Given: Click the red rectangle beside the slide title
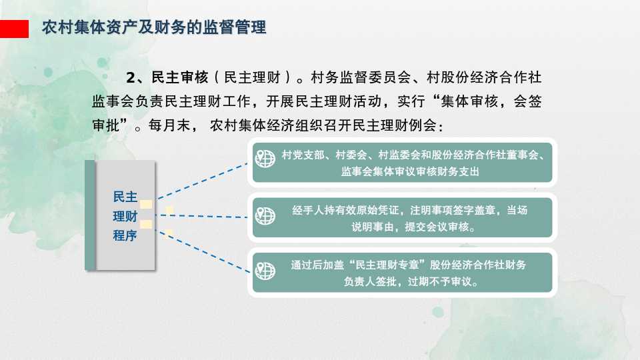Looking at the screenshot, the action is point(14,29).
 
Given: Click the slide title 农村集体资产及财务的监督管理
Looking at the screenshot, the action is point(154,27).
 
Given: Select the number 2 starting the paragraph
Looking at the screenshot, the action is point(130,77).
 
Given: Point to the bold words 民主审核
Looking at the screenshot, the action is point(179,77).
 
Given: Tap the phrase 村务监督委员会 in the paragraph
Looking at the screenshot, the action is point(361,77).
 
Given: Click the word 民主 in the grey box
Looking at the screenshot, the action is point(125,197).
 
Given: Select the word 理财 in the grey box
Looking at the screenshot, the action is point(125,216).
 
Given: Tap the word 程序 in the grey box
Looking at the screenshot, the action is point(125,235).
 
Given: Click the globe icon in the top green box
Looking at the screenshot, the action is point(265,159).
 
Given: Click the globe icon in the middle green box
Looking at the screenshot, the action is point(265,215).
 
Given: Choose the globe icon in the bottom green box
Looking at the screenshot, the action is point(265,271).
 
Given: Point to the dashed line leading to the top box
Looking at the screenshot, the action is point(203,181).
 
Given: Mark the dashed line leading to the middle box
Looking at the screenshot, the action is point(203,216).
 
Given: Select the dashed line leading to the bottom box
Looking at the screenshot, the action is point(204,251).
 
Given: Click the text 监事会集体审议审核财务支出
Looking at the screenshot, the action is point(410,171).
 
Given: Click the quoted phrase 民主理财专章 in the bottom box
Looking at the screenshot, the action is point(387,265).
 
